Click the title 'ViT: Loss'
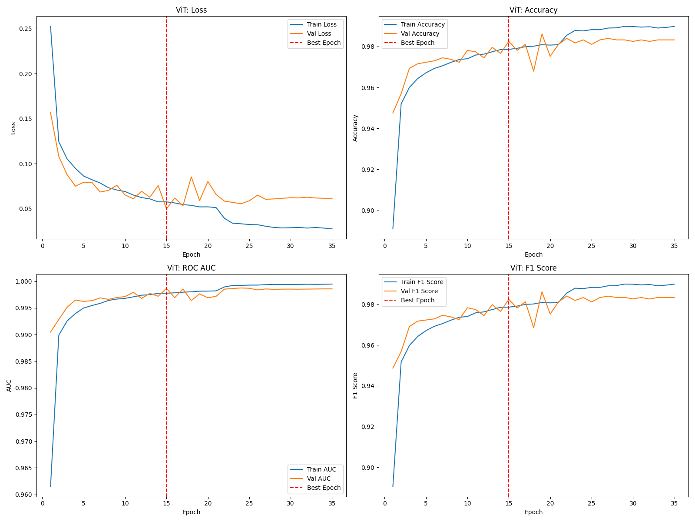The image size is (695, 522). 191,10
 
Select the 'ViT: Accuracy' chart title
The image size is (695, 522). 533,10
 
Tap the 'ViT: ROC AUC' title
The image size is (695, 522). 191,268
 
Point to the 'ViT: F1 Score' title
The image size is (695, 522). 533,268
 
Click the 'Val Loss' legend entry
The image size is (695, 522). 319,33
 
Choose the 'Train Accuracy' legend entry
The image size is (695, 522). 423,24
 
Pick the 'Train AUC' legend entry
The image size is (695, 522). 321,469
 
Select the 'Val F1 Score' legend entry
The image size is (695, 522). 419,291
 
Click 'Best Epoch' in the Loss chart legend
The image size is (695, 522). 324,43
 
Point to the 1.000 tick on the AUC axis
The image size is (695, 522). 24,281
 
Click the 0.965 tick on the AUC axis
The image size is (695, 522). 24,468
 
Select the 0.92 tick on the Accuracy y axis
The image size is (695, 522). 368,170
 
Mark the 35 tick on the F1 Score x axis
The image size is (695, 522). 675,503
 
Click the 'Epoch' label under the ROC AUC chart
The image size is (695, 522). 191,512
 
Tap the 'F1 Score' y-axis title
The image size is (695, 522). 355,386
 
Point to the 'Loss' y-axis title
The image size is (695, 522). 13,128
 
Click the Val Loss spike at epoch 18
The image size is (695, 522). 191,177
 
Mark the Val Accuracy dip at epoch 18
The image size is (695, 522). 533,71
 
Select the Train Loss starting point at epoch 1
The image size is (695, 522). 50,26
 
